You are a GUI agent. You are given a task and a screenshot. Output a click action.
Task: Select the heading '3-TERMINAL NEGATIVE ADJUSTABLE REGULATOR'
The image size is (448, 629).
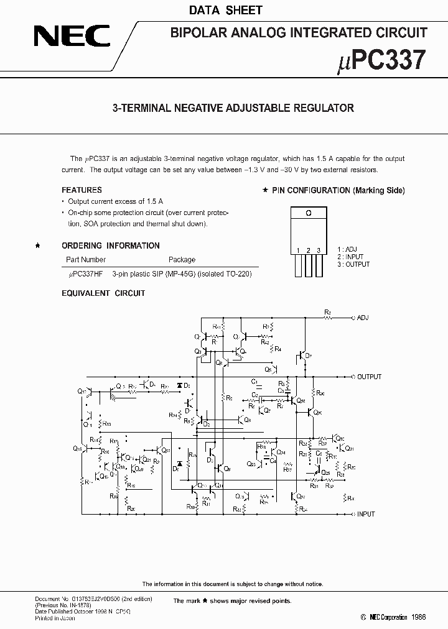[x=233, y=108]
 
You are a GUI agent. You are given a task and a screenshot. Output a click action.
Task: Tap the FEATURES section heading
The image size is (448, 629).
[x=82, y=190]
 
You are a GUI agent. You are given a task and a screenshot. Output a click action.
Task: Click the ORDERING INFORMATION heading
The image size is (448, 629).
[x=110, y=246]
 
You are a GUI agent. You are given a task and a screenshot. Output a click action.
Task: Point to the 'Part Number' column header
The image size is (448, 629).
[x=86, y=260]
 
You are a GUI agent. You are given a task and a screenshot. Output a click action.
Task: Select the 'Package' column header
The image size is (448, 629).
[x=182, y=260]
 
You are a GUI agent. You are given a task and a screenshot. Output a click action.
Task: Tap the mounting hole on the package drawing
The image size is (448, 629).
[x=307, y=212]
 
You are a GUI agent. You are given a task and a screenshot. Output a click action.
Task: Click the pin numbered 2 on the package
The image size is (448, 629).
[x=308, y=264]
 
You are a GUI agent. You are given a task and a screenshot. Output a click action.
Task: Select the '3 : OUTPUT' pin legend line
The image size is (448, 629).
[x=353, y=264]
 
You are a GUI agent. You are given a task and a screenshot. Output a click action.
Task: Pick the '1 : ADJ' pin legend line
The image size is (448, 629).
[x=347, y=249]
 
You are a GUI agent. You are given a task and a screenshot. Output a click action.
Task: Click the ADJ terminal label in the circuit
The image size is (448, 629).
[x=363, y=318]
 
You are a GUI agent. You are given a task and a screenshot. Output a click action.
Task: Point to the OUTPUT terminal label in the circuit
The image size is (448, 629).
[x=369, y=377]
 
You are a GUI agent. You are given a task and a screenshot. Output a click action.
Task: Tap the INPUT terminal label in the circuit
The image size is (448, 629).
[x=366, y=514]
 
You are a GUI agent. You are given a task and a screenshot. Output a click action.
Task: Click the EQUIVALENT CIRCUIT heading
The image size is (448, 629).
[x=103, y=293]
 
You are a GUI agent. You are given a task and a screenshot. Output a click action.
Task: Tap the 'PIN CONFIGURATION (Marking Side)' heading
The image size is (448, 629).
[x=338, y=190]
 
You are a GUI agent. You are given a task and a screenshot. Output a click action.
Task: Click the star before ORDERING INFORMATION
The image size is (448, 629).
[x=38, y=246]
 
